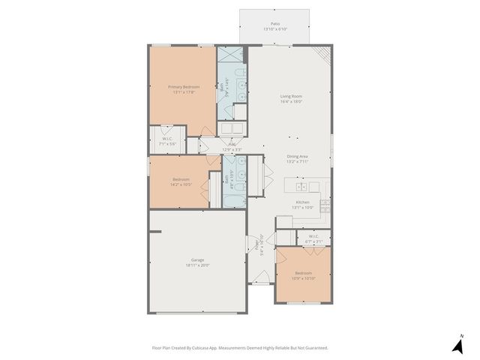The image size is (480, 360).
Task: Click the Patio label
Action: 275,24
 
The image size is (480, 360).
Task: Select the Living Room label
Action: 290,95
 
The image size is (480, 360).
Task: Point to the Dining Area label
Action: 297,155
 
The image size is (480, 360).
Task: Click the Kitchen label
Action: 301,202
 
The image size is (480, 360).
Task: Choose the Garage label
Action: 197,259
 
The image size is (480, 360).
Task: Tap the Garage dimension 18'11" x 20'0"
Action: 197,265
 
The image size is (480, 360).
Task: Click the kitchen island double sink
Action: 301,186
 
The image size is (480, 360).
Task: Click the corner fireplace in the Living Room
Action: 323,54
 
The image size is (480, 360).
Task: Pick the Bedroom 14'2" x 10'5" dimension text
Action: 181,184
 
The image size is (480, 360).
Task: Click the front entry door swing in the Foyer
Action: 260,283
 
